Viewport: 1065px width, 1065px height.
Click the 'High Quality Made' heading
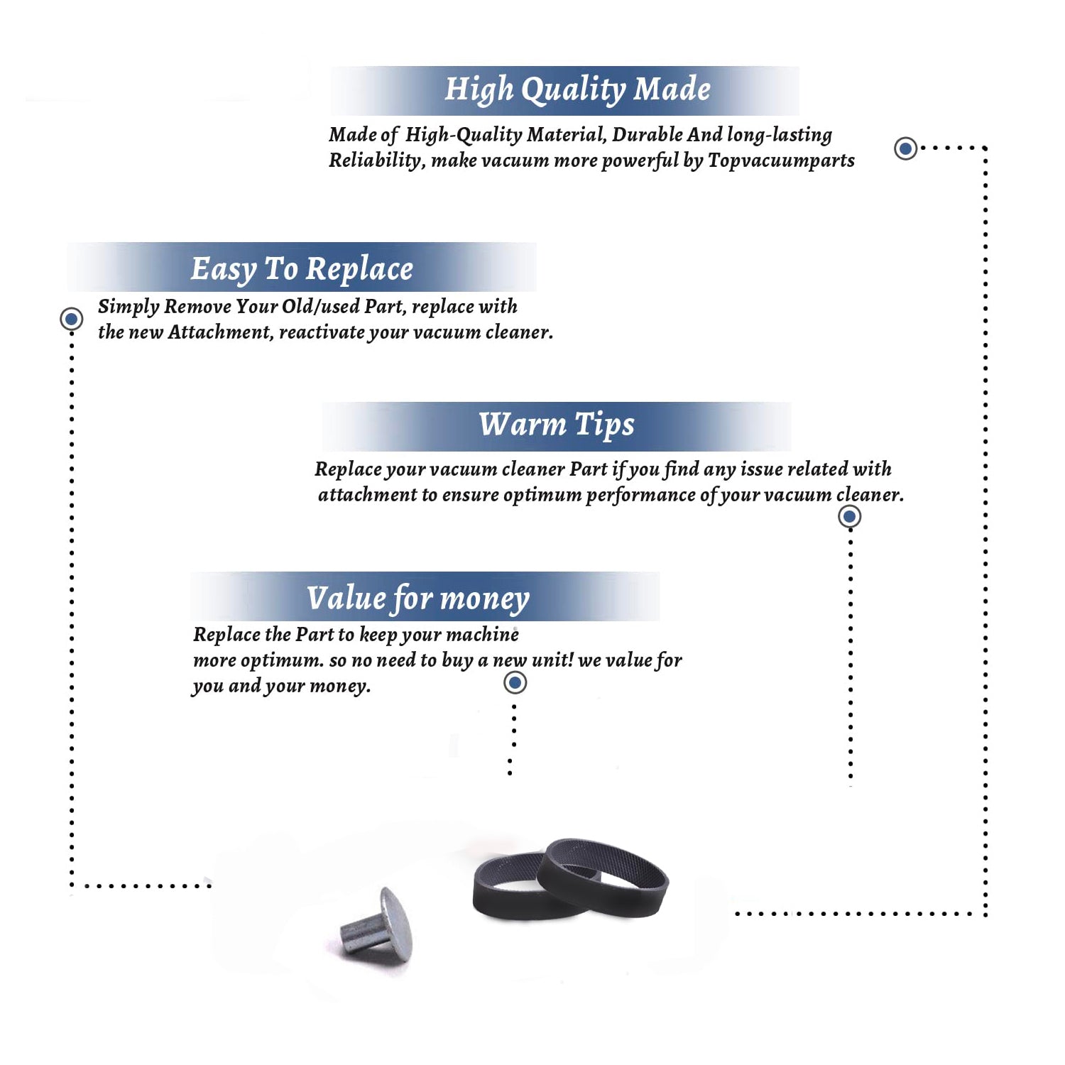click(577, 90)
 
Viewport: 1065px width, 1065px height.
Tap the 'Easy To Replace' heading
click(302, 269)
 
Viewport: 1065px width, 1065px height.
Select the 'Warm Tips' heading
click(556, 425)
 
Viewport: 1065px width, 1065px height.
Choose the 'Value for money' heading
click(418, 599)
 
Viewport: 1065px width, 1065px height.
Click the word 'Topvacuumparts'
click(781, 160)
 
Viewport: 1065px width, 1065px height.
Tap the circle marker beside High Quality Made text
click(905, 148)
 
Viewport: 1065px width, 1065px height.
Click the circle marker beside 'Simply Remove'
click(71, 319)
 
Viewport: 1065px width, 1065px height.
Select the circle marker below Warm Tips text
click(850, 516)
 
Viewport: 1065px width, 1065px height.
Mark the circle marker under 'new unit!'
click(515, 683)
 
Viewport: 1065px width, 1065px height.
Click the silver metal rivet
click(377, 925)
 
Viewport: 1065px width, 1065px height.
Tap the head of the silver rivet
click(396, 924)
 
